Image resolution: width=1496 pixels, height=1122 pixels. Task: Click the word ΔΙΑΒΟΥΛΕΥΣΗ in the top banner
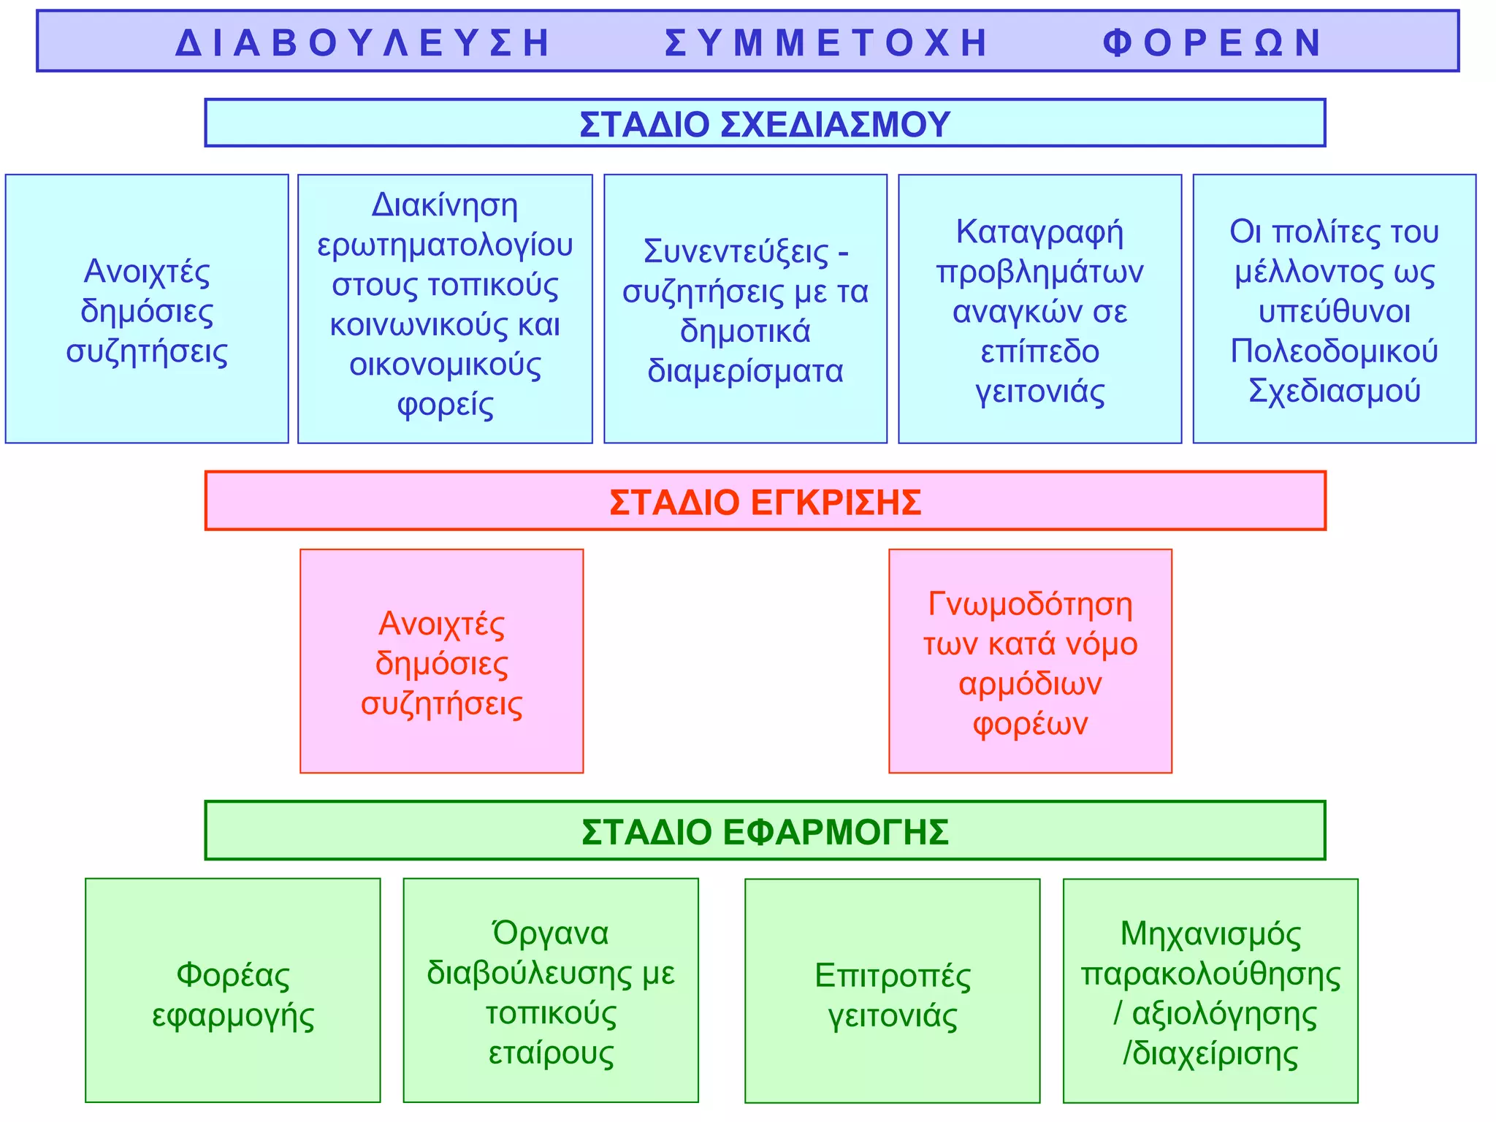[x=363, y=42]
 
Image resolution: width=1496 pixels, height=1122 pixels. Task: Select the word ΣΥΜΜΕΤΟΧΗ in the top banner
[x=827, y=42]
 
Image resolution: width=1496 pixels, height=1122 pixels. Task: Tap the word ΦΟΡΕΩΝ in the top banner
[x=1213, y=42]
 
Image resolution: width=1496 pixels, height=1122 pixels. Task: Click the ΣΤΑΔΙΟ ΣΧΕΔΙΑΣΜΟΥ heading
[x=765, y=123]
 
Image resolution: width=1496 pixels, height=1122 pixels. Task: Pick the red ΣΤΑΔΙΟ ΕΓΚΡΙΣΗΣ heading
[x=765, y=503]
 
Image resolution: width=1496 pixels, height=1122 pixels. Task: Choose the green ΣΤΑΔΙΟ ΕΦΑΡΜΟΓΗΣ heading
[x=765, y=832]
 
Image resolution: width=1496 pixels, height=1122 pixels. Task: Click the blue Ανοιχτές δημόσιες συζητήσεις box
[x=147, y=309]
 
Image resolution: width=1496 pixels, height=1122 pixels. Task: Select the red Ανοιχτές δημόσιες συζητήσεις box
[x=441, y=662]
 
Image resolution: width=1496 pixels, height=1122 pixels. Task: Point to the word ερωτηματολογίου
[x=445, y=245]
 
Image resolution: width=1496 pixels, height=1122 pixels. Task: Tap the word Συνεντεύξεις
[x=736, y=251]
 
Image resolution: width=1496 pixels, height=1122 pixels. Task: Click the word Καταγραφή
[x=1039, y=232]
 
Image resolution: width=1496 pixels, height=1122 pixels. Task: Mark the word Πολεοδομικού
[x=1334, y=351]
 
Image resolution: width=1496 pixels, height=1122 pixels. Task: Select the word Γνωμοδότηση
[x=1030, y=604]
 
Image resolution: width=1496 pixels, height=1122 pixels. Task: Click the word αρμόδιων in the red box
[x=1030, y=684]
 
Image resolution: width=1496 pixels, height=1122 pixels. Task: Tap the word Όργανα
[x=551, y=934]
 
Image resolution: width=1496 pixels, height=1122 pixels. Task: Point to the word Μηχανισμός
[x=1210, y=934]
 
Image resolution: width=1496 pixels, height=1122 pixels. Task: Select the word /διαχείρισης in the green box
[x=1210, y=1054]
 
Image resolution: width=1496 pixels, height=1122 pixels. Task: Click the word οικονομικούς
[x=445, y=365]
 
